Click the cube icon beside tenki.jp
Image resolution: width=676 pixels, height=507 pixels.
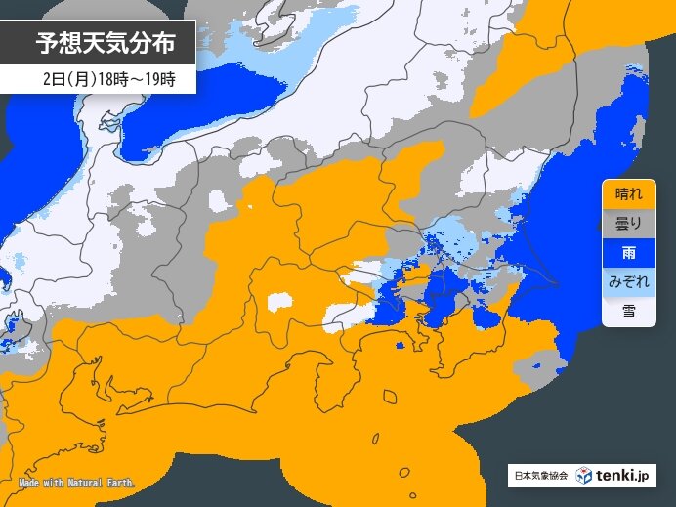tap(583, 476)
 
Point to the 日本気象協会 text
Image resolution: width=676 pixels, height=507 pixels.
tap(540, 477)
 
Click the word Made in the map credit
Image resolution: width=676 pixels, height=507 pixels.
tap(29, 484)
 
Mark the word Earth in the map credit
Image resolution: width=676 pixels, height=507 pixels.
tap(124, 484)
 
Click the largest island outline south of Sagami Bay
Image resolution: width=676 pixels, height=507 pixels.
tap(391, 398)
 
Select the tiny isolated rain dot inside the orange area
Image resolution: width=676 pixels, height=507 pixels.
tap(400, 346)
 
